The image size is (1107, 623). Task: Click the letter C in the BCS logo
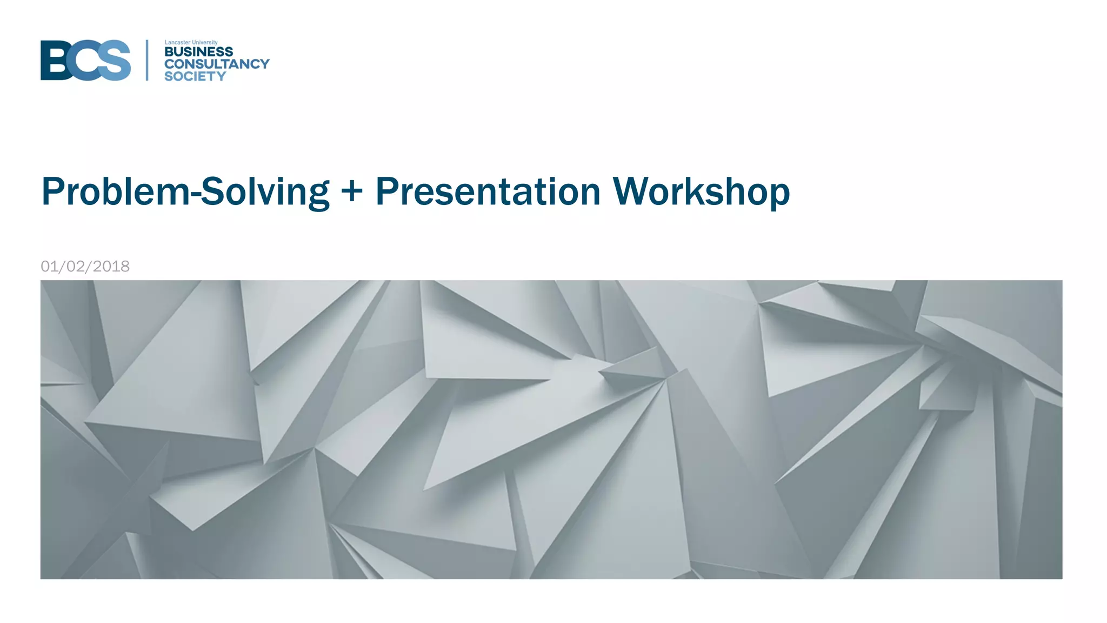86,60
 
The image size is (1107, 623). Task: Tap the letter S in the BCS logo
115,60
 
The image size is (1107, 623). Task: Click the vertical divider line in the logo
147,60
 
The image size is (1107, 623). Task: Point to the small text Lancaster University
191,42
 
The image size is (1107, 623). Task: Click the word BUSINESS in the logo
198,52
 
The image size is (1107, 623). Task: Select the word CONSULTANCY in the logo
216,64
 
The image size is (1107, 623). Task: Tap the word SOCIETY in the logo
195,76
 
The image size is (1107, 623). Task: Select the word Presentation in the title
488,191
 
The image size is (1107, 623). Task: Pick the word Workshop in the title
701,191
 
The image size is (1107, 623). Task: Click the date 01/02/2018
85,266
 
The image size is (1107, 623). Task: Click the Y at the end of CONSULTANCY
264,64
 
